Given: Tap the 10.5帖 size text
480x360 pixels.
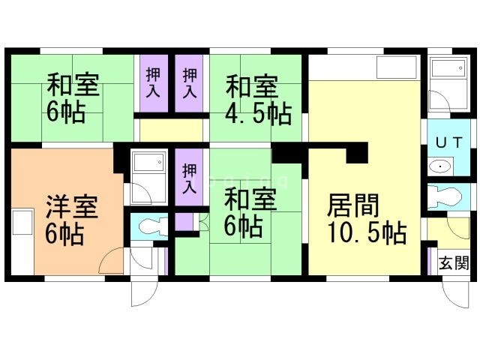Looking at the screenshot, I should (367, 233).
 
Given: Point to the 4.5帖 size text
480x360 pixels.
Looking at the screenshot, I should (259, 115).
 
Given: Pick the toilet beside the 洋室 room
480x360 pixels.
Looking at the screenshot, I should (149, 224).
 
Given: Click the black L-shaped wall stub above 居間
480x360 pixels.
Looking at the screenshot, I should (356, 153).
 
